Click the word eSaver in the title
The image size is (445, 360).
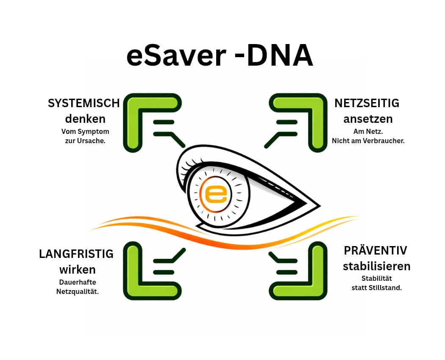click(x=176, y=55)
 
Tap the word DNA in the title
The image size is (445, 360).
click(x=280, y=55)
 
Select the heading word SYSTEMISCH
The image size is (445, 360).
click(x=84, y=103)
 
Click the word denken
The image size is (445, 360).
click(x=85, y=119)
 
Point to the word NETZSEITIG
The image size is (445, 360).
click(x=367, y=103)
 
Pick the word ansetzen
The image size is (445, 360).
click(x=368, y=119)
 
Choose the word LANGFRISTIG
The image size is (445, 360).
click(x=76, y=254)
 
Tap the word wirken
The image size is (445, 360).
click(x=78, y=269)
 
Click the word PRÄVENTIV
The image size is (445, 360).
click(x=375, y=250)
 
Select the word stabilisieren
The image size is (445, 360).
click(x=377, y=266)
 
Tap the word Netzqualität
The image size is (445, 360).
click(x=78, y=292)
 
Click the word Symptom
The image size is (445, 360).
click(x=93, y=132)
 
